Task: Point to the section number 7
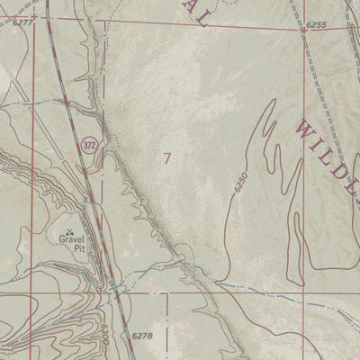(x=167, y=157)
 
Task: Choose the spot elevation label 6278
(x=143, y=336)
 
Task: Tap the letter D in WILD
(x=346, y=173)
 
